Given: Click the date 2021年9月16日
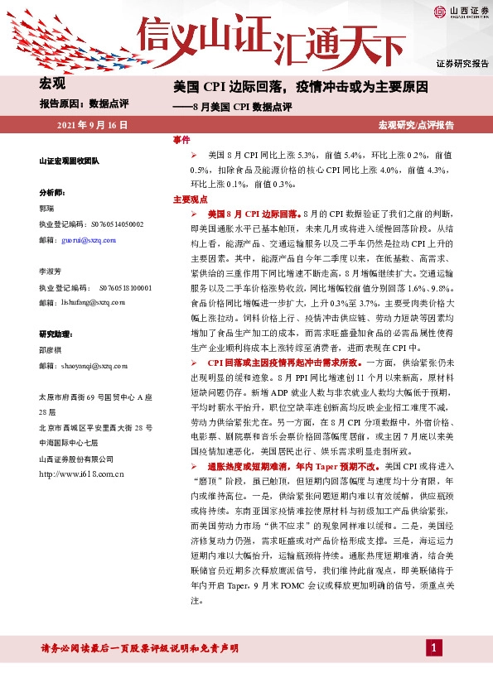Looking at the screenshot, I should pyautogui.click(x=92, y=125).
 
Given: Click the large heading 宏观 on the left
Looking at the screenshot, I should pyautogui.click(x=52, y=83).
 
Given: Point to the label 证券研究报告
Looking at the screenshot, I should pyautogui.click(x=462, y=64).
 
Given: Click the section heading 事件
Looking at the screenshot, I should pyautogui.click(x=181, y=141).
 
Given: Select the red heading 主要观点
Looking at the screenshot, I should pyautogui.click(x=189, y=199).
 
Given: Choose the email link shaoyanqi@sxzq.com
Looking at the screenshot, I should pyautogui.click(x=96, y=363).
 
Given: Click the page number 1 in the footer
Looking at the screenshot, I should pyautogui.click(x=433, y=647).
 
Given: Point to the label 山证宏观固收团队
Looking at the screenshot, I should pyautogui.click(x=69, y=161).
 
